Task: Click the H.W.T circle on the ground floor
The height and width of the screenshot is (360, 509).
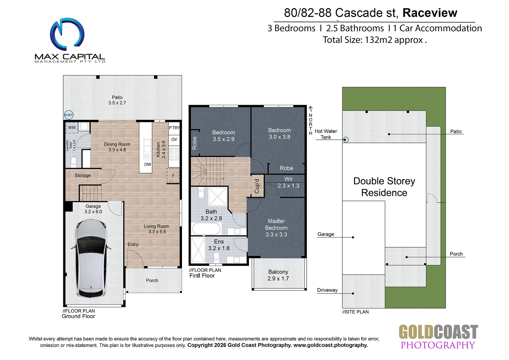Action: pyautogui.click(x=69, y=115)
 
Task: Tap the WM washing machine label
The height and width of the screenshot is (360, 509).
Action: pyautogui.click(x=72, y=128)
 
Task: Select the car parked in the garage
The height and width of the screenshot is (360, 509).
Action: pyautogui.click(x=91, y=258)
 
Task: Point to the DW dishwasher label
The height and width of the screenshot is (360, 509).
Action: pyautogui.click(x=148, y=165)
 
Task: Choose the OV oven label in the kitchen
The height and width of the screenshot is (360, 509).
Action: pyautogui.click(x=174, y=139)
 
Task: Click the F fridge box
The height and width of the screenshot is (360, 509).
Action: pyautogui.click(x=173, y=175)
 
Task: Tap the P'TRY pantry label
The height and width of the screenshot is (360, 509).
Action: pyautogui.click(x=174, y=128)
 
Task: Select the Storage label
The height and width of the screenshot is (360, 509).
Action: pyautogui.click(x=83, y=175)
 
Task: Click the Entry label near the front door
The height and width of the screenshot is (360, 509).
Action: pyautogui.click(x=133, y=244)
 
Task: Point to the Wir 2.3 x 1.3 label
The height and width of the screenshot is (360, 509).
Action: pyautogui.click(x=288, y=182)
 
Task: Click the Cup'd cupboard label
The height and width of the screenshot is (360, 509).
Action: pyautogui.click(x=257, y=186)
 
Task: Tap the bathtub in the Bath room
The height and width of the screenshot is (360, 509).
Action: pyautogui.click(x=206, y=229)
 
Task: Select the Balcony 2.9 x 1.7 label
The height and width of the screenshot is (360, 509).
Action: pyautogui.click(x=278, y=275)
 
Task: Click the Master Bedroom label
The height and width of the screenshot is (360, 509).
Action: pyautogui.click(x=276, y=224)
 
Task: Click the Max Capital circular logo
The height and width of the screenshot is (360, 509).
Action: pyautogui.click(x=67, y=34)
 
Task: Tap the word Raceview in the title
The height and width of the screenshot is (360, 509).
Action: pyautogui.click(x=430, y=13)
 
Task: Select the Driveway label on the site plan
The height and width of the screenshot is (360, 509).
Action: pyautogui.click(x=327, y=290)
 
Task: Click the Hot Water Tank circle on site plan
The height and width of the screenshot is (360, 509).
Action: pyautogui.click(x=345, y=140)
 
